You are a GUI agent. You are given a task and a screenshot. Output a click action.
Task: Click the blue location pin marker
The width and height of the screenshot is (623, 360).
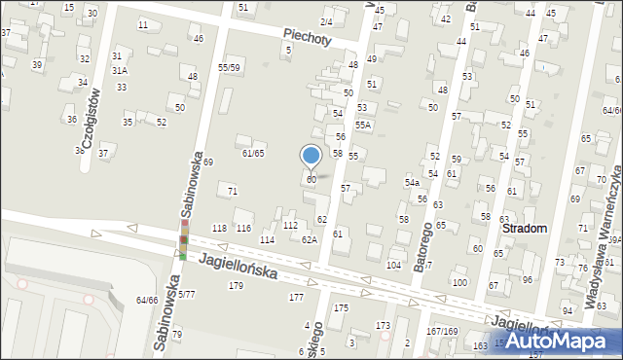click(x=311, y=156)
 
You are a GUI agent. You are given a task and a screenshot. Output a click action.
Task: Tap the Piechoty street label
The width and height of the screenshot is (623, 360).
click(x=308, y=37)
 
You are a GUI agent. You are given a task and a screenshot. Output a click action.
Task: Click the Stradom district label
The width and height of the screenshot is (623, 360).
click(x=526, y=228)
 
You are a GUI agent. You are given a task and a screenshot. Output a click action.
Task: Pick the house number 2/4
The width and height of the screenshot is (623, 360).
click(x=326, y=21)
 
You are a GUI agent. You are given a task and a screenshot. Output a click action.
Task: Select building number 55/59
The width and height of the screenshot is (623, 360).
click(x=229, y=67)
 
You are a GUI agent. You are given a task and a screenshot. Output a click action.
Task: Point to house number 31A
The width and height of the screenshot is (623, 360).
click(x=119, y=71)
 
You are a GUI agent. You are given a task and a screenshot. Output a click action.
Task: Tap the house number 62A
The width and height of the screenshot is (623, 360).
click(x=309, y=239)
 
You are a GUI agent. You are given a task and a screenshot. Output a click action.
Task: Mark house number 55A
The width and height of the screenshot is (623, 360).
click(x=362, y=126)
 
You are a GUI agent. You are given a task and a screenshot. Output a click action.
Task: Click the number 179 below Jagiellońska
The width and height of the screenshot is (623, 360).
click(x=236, y=285)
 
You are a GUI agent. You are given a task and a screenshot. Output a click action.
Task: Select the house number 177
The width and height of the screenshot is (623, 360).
click(x=296, y=297)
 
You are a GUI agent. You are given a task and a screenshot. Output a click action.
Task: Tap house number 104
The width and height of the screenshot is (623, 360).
click(x=394, y=265)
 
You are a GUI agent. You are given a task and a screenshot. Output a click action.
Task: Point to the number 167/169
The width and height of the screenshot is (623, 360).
click(x=442, y=332)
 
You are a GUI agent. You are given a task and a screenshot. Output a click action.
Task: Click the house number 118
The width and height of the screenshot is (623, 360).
click(x=219, y=228)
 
